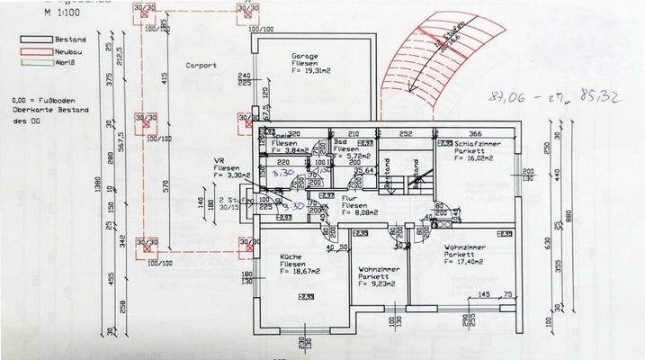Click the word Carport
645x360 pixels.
(200, 66)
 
